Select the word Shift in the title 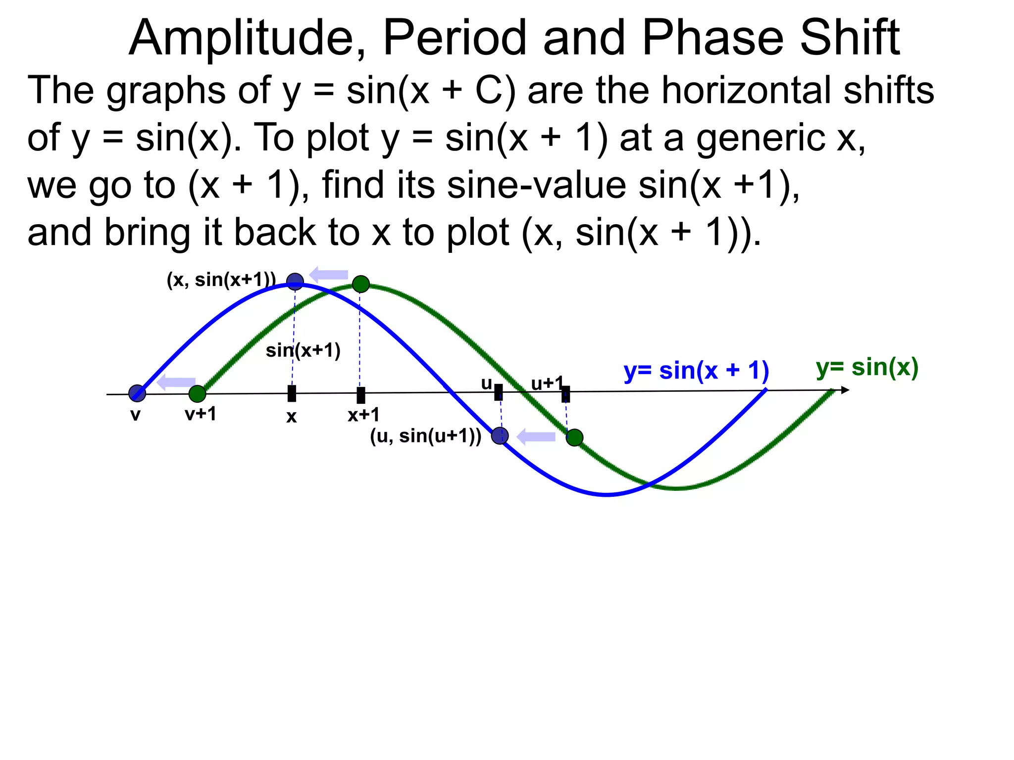tap(850, 39)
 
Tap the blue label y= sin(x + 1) tap(696, 371)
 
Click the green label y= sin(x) tap(867, 368)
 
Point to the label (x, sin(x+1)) tap(221, 280)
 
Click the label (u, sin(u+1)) tap(425, 436)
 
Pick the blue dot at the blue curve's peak tap(295, 282)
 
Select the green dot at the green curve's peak tap(361, 284)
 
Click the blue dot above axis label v tap(137, 393)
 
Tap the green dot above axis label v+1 tap(197, 394)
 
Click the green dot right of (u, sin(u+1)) tap(574, 437)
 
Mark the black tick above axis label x tap(292, 394)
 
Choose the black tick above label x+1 tap(361, 395)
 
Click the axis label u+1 tap(547, 383)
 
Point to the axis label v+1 tap(201, 414)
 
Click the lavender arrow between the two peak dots tap(329, 275)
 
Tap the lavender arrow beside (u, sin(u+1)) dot tap(536, 437)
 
